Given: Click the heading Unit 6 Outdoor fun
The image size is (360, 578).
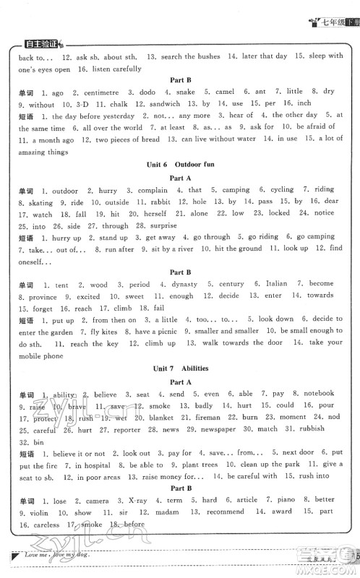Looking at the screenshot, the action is tap(180, 165).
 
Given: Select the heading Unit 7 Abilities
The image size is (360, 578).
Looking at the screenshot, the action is tap(180, 369).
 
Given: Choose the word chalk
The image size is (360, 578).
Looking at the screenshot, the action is tap(116, 103).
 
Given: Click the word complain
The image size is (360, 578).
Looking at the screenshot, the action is tap(153, 190).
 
